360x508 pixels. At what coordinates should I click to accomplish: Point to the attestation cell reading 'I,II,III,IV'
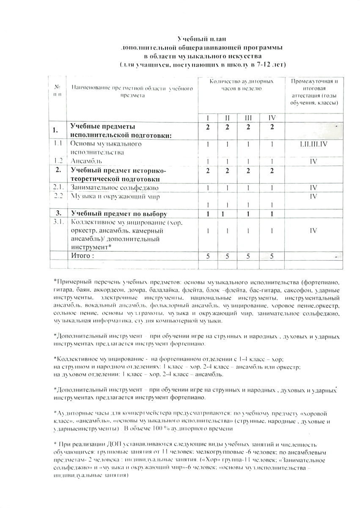coord(313,144)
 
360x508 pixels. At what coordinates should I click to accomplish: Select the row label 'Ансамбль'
coord(86,161)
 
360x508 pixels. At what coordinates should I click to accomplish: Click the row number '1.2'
coord(58,161)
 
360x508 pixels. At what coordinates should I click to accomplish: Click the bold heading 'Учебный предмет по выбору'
coord(118,213)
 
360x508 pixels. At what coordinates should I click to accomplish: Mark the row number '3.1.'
coord(58,221)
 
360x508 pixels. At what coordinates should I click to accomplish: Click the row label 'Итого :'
coord(82,255)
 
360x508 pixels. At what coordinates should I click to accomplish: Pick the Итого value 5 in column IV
coord(272,256)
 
